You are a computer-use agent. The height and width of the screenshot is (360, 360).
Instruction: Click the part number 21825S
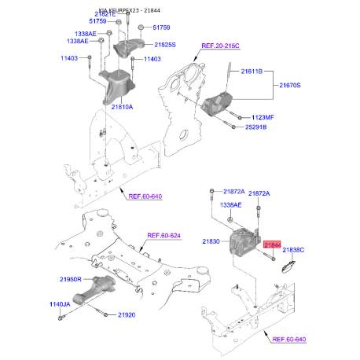pyautogui.click(x=166, y=46)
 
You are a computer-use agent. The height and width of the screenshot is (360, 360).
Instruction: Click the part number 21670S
pyautogui.click(x=292, y=84)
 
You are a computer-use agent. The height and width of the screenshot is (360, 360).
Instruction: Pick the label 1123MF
pyautogui.click(x=259, y=116)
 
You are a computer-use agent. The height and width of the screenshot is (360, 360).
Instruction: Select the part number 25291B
pyautogui.click(x=259, y=126)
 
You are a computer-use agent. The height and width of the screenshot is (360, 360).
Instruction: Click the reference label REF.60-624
pyautogui.click(x=164, y=235)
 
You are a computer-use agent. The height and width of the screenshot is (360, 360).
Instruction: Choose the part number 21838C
pyautogui.click(x=294, y=250)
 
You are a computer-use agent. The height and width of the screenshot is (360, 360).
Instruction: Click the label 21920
pyautogui.click(x=125, y=315)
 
